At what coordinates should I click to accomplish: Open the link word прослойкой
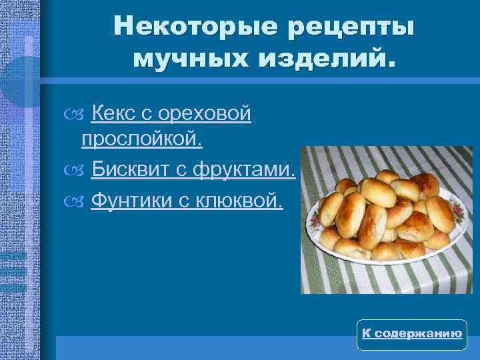coord(141,141)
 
